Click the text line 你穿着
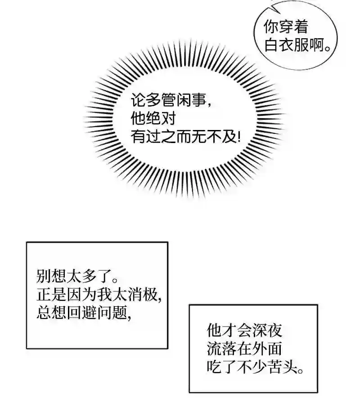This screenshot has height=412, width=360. [x=286, y=27]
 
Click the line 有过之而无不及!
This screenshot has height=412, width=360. [x=186, y=136]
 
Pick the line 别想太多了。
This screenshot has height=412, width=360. [x=77, y=276]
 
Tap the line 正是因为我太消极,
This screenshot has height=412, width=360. [x=99, y=294]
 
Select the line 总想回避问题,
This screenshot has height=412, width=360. [x=84, y=313]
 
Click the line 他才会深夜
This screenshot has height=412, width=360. [x=244, y=331]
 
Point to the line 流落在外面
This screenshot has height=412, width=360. [x=244, y=349]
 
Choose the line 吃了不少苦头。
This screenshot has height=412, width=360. [x=255, y=367]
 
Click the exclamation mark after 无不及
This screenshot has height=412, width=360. [x=238, y=136]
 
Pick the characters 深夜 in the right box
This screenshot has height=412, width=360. [x=267, y=331]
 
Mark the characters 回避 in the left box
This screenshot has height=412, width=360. [x=82, y=313]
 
